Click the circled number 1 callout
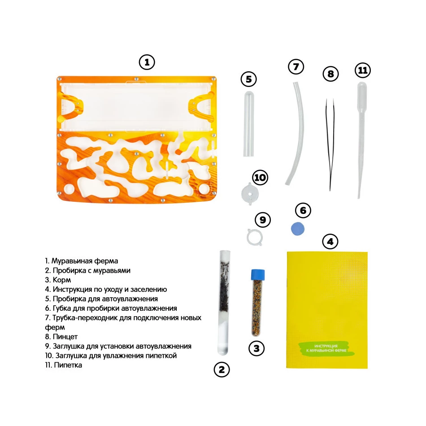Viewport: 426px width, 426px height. (147, 62)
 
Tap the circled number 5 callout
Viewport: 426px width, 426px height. (249, 79)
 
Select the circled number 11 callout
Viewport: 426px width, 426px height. (363, 70)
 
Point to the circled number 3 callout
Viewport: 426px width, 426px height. (256, 348)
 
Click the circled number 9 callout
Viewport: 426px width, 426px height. (263, 220)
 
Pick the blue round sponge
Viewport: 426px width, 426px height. (297, 229)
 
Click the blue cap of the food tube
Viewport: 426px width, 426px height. (258, 274)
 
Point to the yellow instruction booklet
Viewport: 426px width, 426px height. (327, 310)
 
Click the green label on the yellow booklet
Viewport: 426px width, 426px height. (326, 348)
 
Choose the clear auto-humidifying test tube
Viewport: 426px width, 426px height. (248, 124)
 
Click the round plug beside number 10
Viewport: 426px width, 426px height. (250, 194)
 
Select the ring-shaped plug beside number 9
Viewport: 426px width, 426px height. (255, 237)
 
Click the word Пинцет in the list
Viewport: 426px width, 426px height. (65, 337)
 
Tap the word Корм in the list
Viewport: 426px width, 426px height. (62, 280)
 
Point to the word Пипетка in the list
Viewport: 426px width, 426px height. (68, 365)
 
